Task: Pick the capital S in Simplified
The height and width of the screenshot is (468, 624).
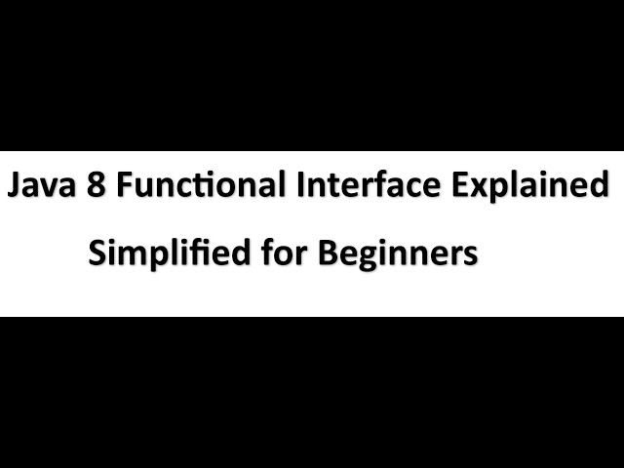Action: click(x=97, y=253)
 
